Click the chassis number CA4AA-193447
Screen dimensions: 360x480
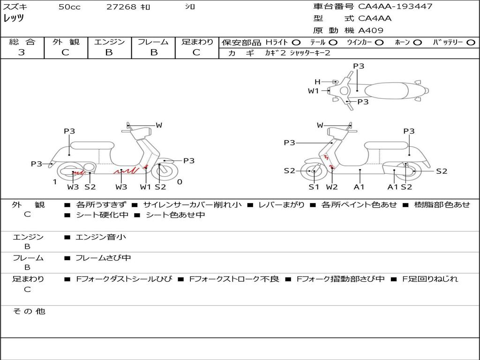[395, 7]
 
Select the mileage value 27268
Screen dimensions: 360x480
[121, 7]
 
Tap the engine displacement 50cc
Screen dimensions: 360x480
[69, 7]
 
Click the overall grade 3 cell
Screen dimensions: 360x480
[22, 52]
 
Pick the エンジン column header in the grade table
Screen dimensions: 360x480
[109, 42]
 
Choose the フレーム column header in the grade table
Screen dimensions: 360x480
[153, 42]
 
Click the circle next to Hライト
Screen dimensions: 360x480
[296, 42]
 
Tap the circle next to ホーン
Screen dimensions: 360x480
[418, 42]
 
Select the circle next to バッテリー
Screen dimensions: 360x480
[471, 42]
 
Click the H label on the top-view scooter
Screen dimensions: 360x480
[317, 82]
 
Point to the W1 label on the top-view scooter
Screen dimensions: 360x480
[313, 91]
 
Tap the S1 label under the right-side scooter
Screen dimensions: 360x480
[314, 187]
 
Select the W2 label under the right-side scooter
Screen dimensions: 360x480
[332, 187]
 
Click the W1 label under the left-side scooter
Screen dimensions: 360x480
[146, 187]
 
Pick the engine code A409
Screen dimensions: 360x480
[371, 30]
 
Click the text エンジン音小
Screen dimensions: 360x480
[101, 237]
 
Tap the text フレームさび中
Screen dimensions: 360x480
[103, 258]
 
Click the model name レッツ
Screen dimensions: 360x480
[14, 18]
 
